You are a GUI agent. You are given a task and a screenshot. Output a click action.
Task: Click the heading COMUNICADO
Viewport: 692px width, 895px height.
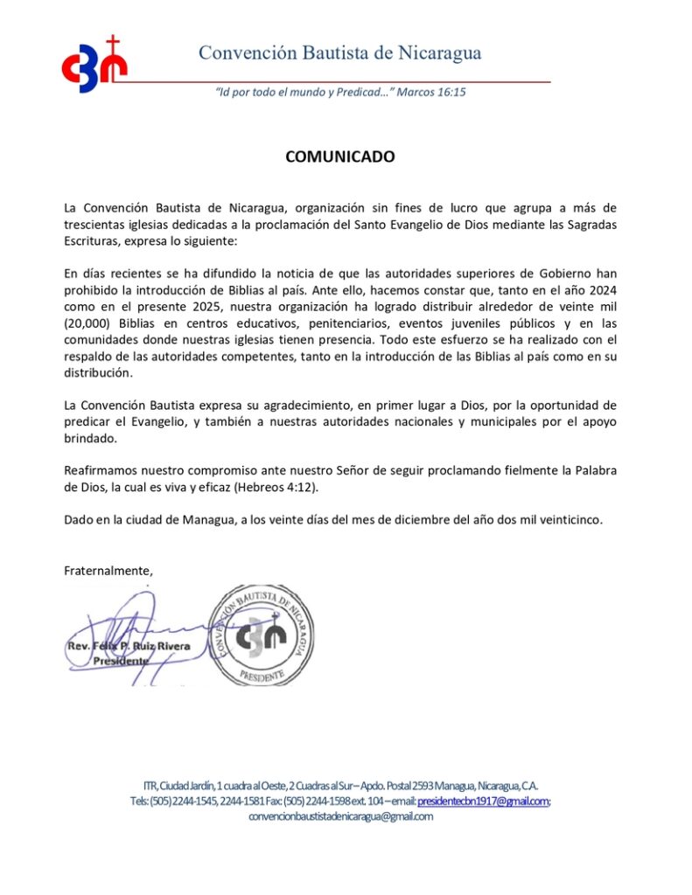click(340, 157)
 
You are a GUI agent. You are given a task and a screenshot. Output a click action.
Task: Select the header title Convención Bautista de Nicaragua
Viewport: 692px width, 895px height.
click(339, 52)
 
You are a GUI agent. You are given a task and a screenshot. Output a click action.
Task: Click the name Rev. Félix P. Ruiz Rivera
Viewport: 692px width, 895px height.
click(128, 646)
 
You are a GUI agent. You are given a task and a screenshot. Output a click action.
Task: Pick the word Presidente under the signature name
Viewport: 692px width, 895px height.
click(121, 662)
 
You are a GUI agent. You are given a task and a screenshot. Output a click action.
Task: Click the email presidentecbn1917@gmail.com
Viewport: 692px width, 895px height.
click(483, 801)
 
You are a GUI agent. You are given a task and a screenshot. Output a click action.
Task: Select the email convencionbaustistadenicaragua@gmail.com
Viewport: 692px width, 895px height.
click(341, 816)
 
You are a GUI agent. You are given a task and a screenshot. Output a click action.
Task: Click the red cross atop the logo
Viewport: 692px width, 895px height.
click(112, 43)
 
